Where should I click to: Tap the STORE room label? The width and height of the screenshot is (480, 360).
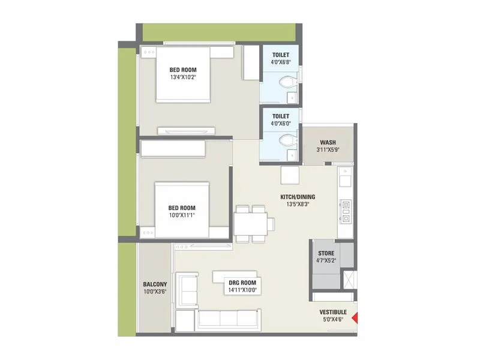pos(326,253)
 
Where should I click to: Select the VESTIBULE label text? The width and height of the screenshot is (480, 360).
pos(333,312)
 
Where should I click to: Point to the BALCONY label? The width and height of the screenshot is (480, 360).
pos(155,284)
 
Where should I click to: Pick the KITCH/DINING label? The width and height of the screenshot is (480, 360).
pos(298,197)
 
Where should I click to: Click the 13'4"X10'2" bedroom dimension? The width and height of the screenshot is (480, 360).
pos(184,77)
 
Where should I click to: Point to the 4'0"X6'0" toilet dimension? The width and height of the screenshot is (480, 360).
pos(280,123)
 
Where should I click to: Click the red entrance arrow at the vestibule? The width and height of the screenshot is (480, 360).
pos(355,319)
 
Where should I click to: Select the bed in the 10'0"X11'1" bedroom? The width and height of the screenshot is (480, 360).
pos(184,210)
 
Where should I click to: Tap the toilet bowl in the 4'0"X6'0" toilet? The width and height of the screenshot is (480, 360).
pos(288,140)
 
